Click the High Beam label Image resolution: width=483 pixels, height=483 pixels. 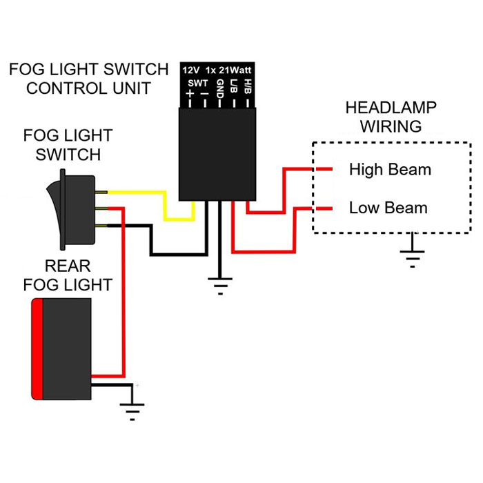(x=390, y=169)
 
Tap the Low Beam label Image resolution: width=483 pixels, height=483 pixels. (x=388, y=208)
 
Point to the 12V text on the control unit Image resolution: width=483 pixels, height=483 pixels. (x=191, y=70)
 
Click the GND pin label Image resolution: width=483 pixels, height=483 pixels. (x=219, y=90)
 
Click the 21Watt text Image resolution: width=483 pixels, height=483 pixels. (x=237, y=70)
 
